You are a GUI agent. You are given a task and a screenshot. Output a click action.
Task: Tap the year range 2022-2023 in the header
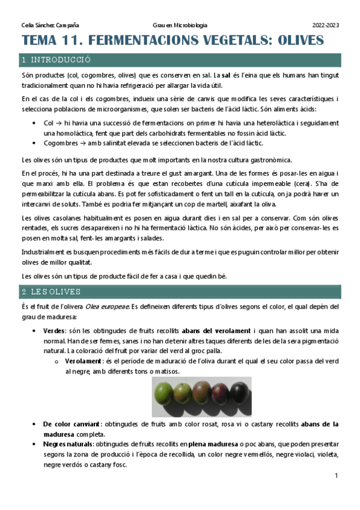tap(326, 25)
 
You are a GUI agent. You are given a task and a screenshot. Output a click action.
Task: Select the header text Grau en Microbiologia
tap(180, 25)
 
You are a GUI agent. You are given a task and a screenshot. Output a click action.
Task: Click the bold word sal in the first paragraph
tap(226, 77)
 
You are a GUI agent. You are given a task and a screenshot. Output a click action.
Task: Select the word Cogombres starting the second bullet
tap(61, 143)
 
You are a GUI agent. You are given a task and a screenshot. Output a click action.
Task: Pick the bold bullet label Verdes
tap(55, 331)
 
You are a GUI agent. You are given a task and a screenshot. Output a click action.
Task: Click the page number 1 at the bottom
tap(337, 476)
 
